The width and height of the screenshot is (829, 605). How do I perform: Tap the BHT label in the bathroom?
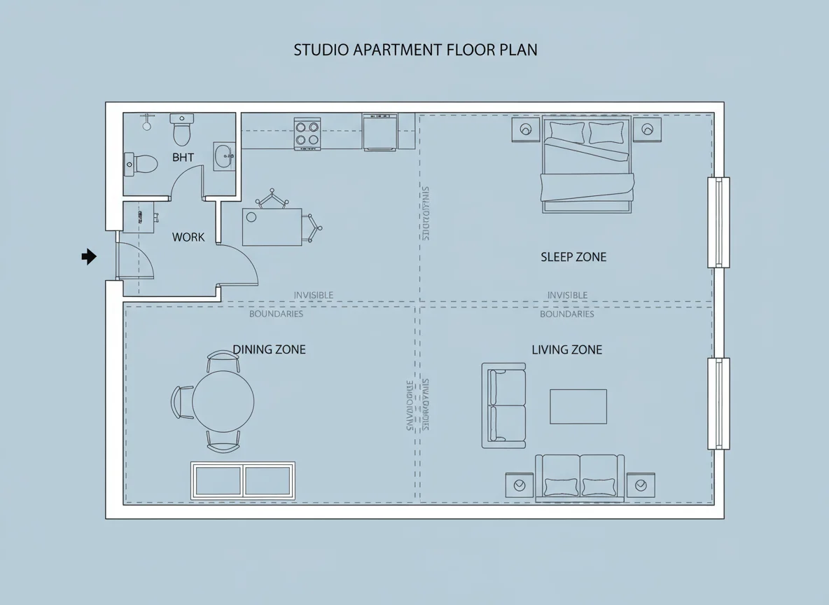coord(183,158)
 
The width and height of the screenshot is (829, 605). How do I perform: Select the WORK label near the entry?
coord(188,237)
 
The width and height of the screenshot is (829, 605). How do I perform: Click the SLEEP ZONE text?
coord(573,257)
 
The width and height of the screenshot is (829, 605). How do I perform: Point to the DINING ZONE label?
coord(269,349)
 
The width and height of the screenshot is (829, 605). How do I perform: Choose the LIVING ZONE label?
coord(566,349)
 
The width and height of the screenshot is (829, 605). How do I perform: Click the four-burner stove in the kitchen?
coord(307,133)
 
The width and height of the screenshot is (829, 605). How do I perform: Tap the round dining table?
coord(223,401)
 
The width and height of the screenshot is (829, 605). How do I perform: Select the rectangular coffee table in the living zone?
coord(578,407)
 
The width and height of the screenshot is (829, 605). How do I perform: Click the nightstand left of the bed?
coord(525,130)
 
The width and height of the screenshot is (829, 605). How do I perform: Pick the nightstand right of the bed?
coord(647,130)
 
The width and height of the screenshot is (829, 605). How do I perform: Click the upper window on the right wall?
coord(718,223)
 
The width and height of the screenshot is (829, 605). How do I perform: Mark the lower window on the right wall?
coord(718,403)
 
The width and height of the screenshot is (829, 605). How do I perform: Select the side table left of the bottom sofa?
coord(520,485)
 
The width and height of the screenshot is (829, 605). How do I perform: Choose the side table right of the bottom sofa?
coord(640,485)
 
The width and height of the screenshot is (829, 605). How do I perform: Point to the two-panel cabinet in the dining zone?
coord(243,480)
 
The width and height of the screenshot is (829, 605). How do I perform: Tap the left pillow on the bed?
coord(566,132)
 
